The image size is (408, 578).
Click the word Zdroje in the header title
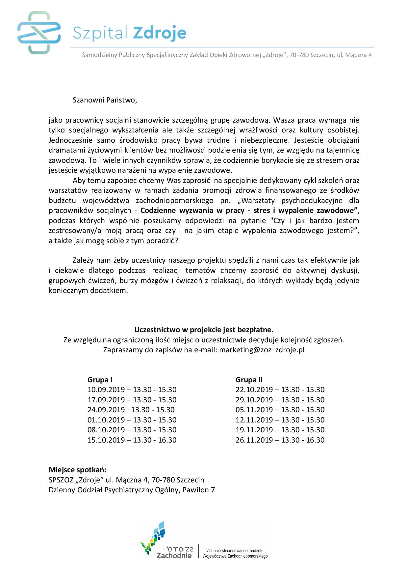(160, 33)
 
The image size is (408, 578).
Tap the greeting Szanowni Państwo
(104, 100)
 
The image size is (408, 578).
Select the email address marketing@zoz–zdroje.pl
(262, 350)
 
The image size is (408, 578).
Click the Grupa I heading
(100, 380)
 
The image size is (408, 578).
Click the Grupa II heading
(249, 380)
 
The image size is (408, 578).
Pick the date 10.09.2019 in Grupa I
(106, 390)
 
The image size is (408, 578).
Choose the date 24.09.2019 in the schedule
(106, 410)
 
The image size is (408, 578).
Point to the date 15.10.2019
(106, 440)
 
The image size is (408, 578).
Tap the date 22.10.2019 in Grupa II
(254, 390)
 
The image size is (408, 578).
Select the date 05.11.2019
(254, 410)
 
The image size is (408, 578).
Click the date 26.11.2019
(254, 440)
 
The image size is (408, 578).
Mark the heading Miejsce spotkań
(77, 470)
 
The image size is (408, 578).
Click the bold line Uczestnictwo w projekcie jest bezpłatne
(204, 330)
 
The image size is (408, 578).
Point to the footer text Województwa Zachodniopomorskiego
(235, 556)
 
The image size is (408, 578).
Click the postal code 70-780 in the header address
(299, 55)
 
